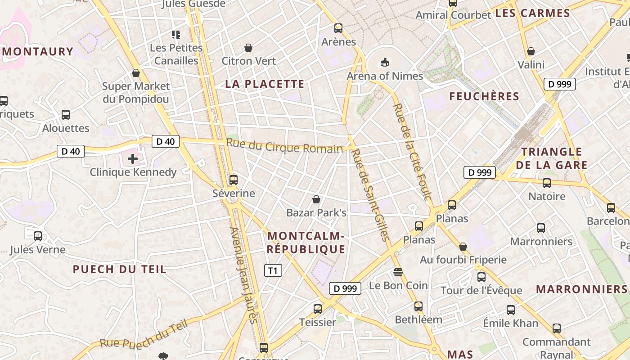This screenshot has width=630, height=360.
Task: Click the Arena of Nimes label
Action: coord(384,76)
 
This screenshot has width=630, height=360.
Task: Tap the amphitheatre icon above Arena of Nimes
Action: coord(384,62)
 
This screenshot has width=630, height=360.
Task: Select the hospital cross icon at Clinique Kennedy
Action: coord(133,158)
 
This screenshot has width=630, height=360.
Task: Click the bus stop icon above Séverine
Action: coord(233,180)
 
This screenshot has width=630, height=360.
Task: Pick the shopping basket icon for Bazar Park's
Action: coord(316,199)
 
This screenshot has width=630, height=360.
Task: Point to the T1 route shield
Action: coord(273,270)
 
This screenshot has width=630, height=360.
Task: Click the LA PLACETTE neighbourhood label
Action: coord(265,84)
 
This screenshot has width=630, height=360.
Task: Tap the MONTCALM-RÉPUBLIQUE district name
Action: coord(306,243)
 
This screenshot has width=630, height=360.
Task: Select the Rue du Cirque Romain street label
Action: coord(284,146)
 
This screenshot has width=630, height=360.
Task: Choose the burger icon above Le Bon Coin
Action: coord(398,272)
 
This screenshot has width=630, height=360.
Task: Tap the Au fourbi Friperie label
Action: coord(463,260)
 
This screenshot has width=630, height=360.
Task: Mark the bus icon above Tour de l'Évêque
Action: coord(481,277)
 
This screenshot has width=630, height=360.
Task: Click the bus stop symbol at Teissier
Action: coord(318,309)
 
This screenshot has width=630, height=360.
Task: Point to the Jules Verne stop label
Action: coord(37,250)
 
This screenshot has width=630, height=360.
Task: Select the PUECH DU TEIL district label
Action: coord(120,270)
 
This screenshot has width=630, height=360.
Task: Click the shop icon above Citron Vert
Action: coord(248,48)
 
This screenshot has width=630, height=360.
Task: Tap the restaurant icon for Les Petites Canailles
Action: coord(176,34)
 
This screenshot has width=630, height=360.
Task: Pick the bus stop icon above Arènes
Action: coord(338,28)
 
